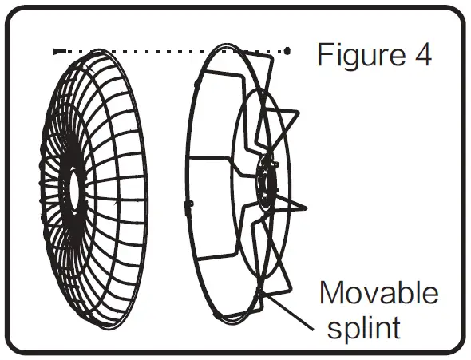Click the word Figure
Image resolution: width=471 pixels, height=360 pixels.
point(357,56)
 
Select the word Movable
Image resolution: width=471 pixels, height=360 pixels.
point(378,293)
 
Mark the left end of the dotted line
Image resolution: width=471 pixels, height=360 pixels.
point(56,51)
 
